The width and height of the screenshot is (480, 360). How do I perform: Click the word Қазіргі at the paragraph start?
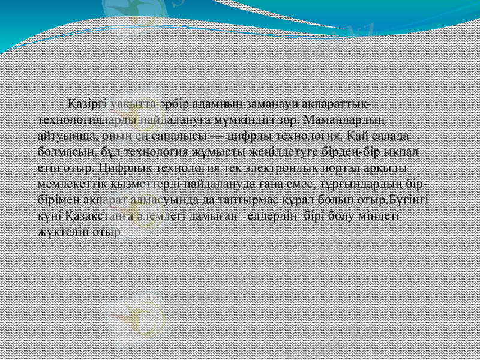[x=85, y=104]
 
